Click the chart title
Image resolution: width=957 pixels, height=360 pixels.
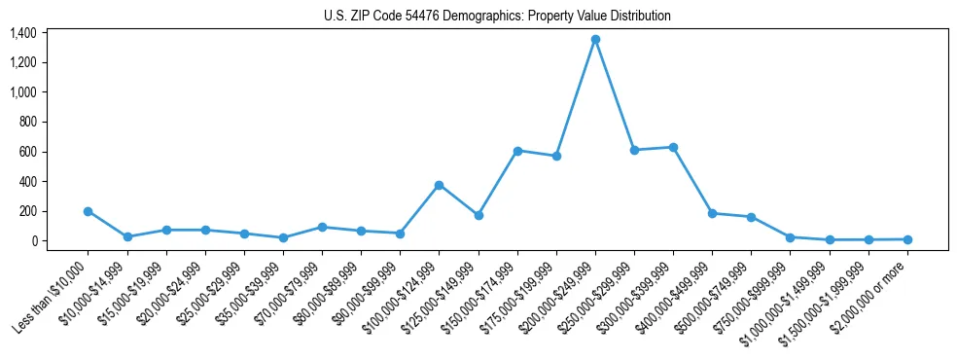[x=497, y=16]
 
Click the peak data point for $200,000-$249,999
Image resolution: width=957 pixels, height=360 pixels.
[x=595, y=40]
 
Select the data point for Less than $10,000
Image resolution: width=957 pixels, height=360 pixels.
[x=89, y=211]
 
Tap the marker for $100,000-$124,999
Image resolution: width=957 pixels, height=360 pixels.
[x=440, y=185]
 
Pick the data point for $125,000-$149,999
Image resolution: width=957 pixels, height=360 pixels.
[x=478, y=215]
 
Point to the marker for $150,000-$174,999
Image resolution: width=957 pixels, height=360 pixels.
[x=517, y=151]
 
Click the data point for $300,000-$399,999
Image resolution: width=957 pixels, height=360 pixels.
[x=673, y=147]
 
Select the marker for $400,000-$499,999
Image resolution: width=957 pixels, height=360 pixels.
[x=712, y=213]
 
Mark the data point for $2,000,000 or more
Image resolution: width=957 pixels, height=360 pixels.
[x=907, y=239]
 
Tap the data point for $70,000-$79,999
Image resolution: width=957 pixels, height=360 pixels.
[x=322, y=227]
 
